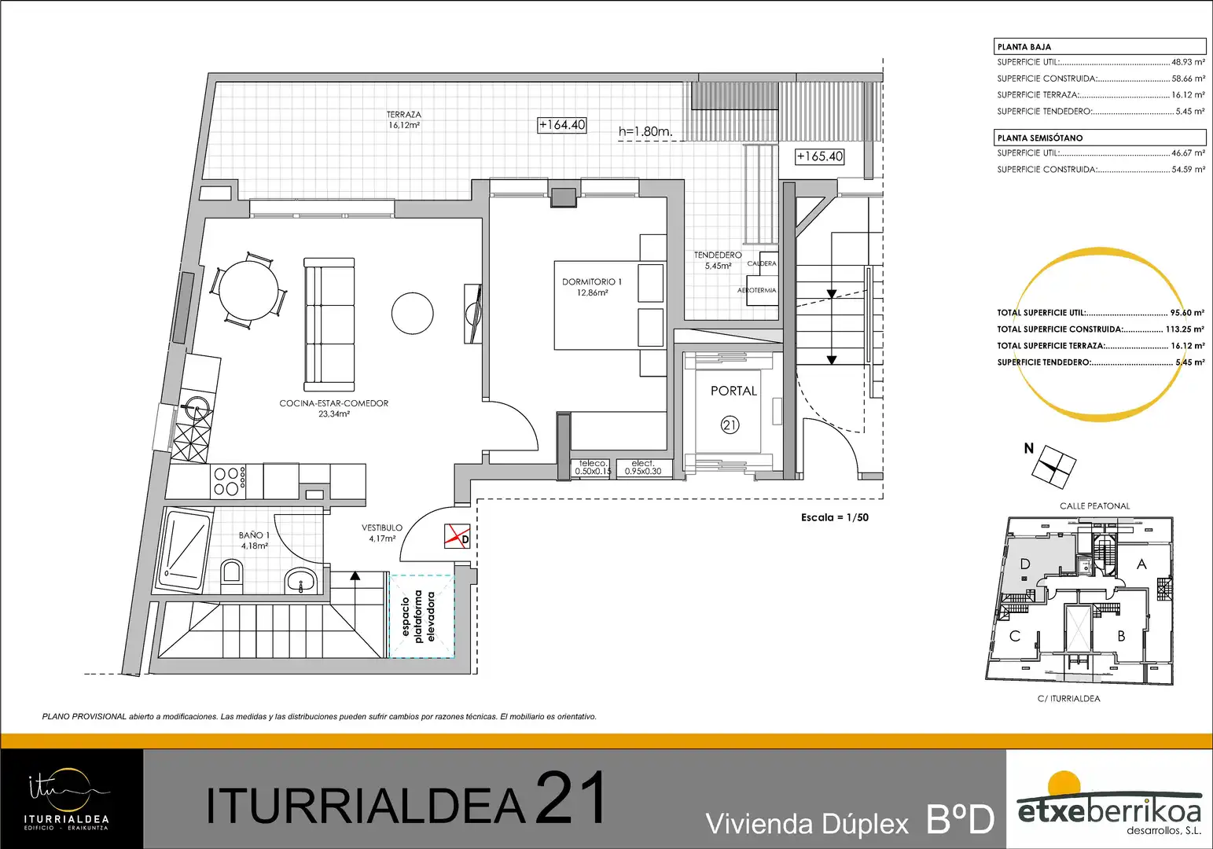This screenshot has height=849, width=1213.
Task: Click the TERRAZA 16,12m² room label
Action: [404, 119]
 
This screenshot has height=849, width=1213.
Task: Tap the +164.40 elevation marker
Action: [562, 124]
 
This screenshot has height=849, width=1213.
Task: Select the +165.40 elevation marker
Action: [820, 156]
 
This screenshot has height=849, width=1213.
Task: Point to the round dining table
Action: [248, 290]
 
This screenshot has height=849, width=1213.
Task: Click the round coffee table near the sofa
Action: [413, 313]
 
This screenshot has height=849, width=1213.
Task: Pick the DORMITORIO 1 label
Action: [592, 287]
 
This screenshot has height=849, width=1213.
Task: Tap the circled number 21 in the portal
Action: [730, 425]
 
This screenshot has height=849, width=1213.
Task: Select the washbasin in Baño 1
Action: [300, 580]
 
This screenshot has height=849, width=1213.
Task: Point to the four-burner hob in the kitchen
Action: [227, 481]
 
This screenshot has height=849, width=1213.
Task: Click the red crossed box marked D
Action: [457, 537]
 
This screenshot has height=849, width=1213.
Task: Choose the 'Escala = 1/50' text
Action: [835, 517]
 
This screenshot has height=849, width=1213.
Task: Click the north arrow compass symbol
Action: [1053, 467]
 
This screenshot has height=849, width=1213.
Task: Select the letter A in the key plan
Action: [1141, 564]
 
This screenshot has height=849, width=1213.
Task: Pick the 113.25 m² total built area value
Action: [1185, 329]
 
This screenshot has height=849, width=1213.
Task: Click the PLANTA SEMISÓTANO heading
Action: [1040, 138]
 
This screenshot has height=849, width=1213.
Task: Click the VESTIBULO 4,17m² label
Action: [382, 533]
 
